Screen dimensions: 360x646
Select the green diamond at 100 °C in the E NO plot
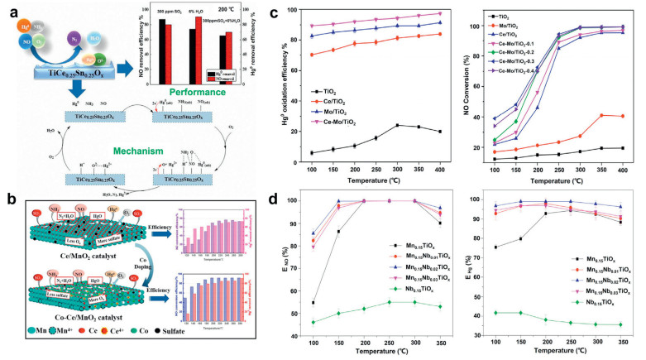[x=316, y=321]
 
